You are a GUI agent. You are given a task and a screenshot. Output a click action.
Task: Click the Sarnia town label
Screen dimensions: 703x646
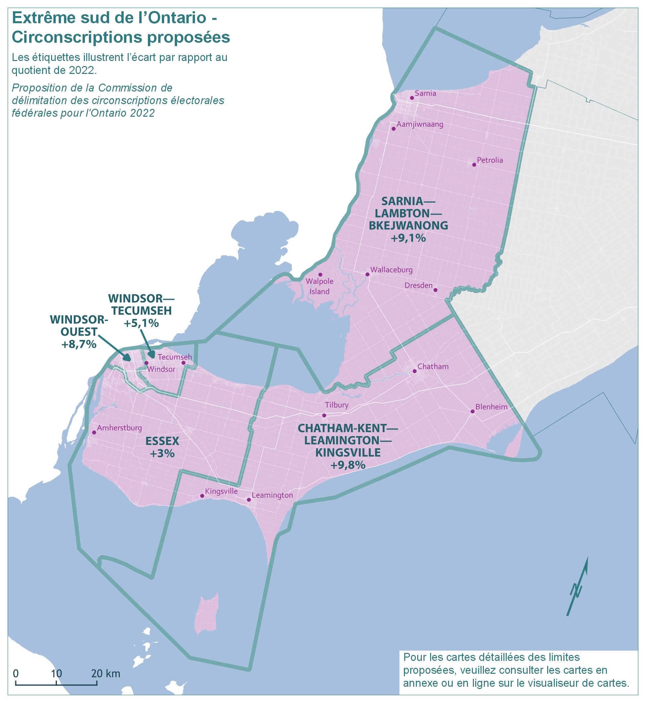point(425,93)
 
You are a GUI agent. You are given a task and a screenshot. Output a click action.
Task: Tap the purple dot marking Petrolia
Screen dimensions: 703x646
point(474,165)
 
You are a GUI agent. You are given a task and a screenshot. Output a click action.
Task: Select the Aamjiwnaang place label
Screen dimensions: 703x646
point(420,124)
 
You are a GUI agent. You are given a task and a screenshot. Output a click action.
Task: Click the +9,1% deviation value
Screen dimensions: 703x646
point(408,238)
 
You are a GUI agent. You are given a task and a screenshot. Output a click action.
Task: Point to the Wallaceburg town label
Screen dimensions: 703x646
point(391,270)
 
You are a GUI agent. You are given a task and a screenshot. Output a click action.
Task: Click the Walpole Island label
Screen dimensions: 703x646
point(319,286)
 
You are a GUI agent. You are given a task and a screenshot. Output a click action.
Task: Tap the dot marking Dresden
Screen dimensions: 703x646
point(435,290)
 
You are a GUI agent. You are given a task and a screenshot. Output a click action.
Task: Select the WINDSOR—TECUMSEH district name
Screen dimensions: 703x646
point(141,304)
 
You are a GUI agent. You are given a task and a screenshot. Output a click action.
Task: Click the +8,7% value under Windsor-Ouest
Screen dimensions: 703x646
point(79,344)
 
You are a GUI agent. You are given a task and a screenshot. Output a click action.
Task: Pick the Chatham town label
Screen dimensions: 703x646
point(433,366)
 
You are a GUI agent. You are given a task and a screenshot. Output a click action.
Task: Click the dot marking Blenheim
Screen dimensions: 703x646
point(472,412)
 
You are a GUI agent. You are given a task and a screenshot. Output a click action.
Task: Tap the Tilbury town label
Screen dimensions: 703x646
point(337,405)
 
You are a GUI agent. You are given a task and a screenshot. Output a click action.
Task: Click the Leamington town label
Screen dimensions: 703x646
point(272,495)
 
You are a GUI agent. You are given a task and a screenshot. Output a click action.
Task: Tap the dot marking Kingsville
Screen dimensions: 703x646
point(202,496)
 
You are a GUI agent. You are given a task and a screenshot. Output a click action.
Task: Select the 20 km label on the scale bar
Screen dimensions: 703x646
point(106,673)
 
